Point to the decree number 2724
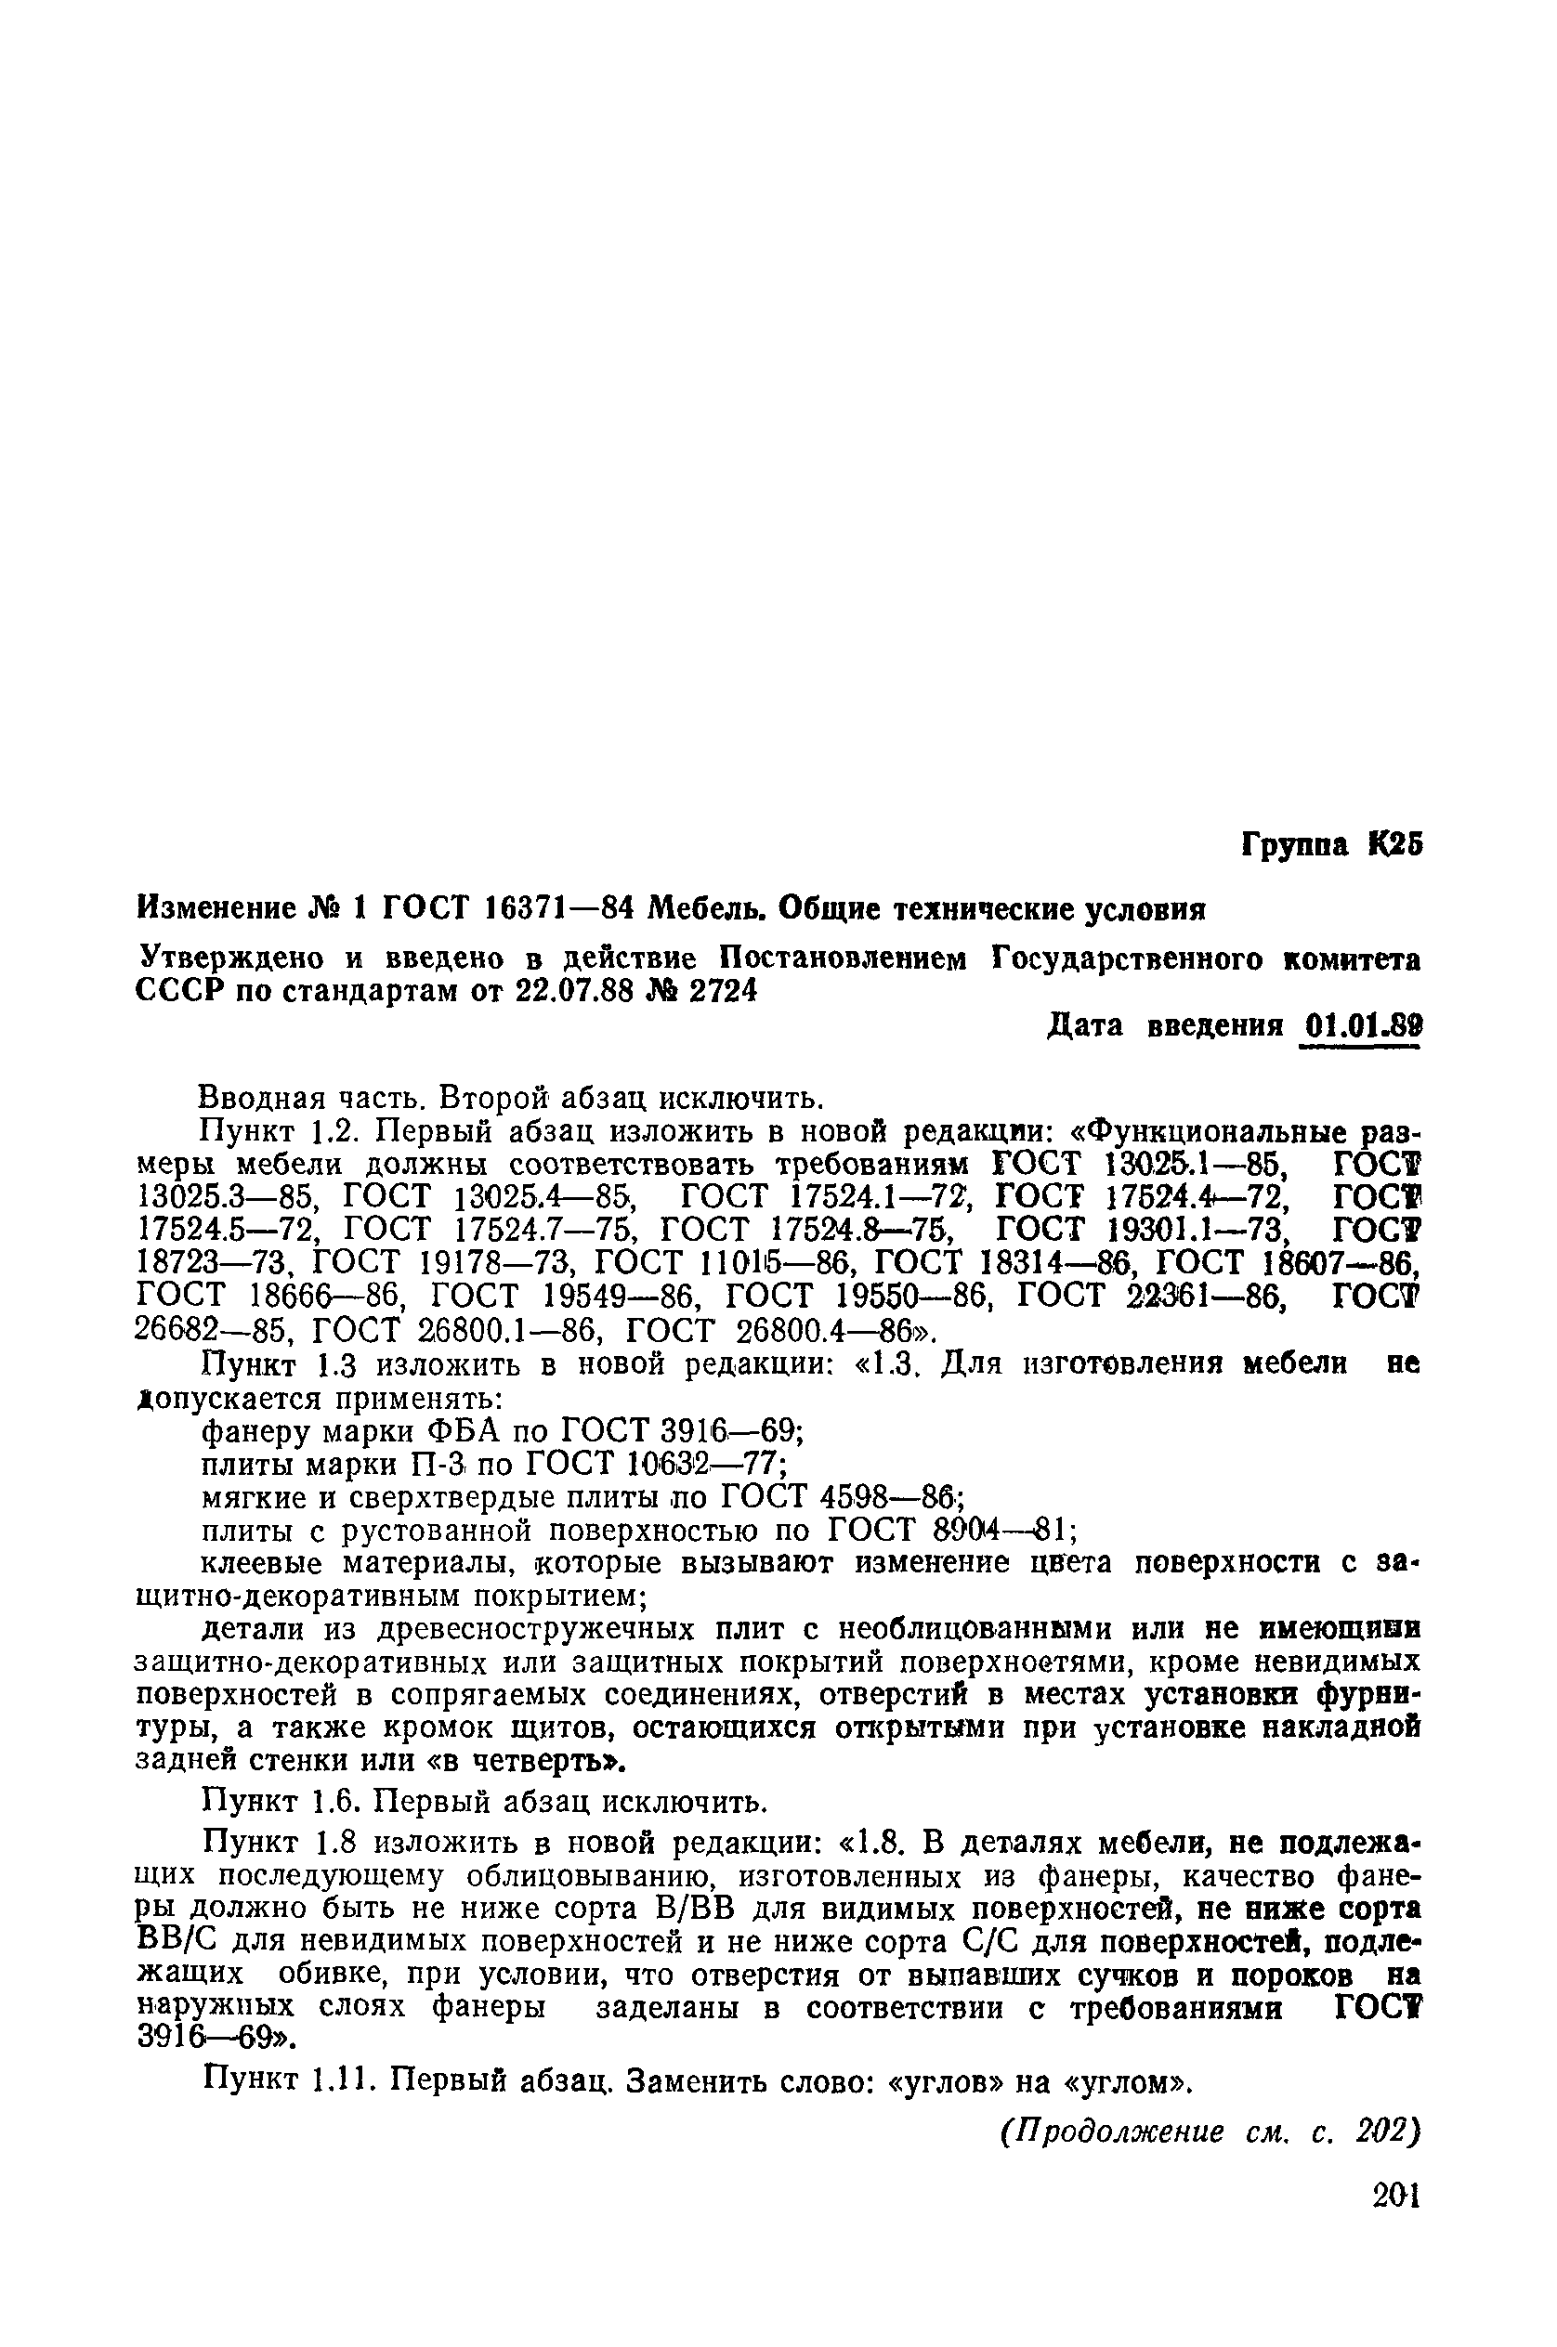tap(717, 991)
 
